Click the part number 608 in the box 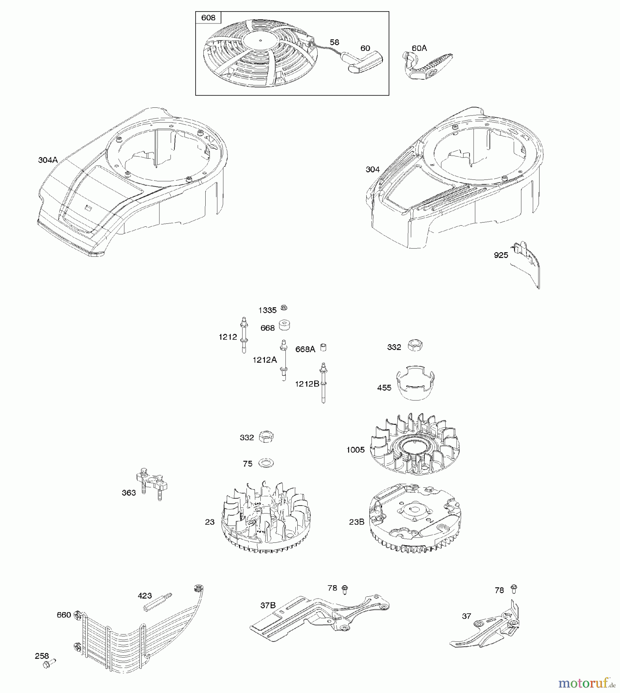(x=208, y=18)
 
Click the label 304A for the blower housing (x=48, y=160)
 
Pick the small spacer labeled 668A (x=324, y=347)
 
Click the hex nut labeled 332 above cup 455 (x=415, y=345)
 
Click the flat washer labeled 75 (x=266, y=462)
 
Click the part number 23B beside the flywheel (x=357, y=522)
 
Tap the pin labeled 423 (x=157, y=603)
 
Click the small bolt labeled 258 (x=50, y=663)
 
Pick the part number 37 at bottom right (x=466, y=616)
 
